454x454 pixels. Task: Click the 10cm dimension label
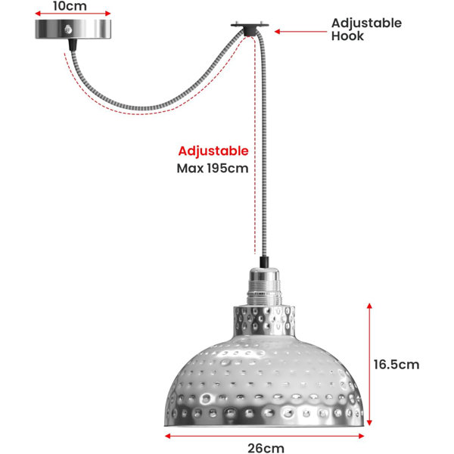(x=70, y=6)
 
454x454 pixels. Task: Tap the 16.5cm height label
(x=396, y=365)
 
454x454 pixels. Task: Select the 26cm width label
(x=266, y=448)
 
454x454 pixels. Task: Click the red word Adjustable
(x=213, y=151)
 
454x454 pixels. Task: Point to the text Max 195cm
(x=213, y=168)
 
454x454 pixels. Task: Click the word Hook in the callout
(x=347, y=36)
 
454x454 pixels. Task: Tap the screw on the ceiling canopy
(x=68, y=30)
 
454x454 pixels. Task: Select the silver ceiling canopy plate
(x=73, y=30)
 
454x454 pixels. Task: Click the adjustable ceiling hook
(x=250, y=29)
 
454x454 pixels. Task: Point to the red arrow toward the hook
(x=300, y=32)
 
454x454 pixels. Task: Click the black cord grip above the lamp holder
(x=264, y=262)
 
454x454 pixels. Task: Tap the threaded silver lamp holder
(x=264, y=287)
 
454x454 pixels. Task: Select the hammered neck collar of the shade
(x=264, y=320)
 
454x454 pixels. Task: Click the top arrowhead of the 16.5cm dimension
(x=369, y=306)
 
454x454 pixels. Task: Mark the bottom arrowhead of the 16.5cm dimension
(x=369, y=423)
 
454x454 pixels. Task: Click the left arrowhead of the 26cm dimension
(x=167, y=436)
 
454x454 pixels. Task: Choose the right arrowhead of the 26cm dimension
(x=362, y=436)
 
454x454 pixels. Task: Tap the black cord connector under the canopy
(x=73, y=45)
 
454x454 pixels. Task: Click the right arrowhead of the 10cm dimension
(x=108, y=14)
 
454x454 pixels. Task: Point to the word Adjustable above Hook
(x=366, y=23)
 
